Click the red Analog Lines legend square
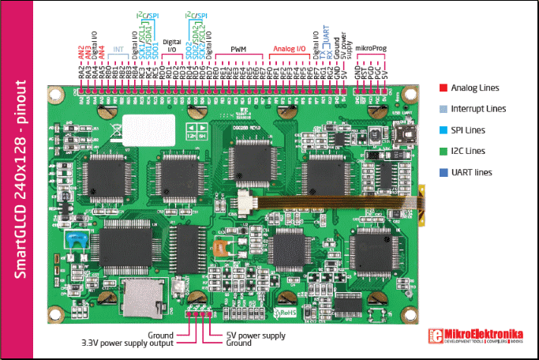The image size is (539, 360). [x=443, y=87]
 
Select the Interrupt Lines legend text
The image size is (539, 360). [x=478, y=108]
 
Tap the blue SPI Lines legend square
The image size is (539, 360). [x=443, y=129]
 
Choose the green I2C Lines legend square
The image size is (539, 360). [x=443, y=151]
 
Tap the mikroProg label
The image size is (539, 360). [x=371, y=49]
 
